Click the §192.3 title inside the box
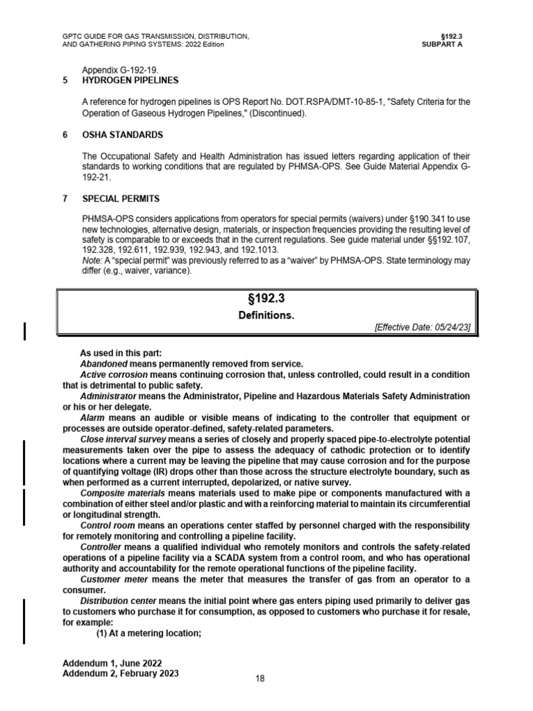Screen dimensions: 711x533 coord(266,300)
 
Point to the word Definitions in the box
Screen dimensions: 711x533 coord(266,315)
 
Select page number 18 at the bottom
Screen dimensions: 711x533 coord(260,678)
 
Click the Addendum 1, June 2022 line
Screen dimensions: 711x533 coord(112,663)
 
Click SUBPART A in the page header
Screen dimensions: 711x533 coord(441,44)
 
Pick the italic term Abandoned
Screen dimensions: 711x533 coord(104,364)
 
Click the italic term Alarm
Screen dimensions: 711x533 coord(92,417)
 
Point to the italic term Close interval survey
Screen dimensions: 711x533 coord(128,440)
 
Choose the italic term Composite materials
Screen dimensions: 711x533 coord(122,493)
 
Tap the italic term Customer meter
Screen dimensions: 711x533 coord(114,579)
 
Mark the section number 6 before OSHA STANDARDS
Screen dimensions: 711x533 coord(65,134)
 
